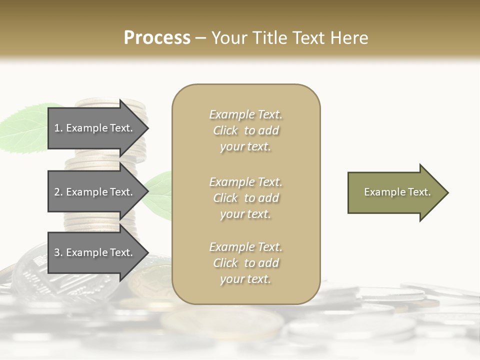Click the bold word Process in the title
coord(157,38)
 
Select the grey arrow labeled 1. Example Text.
coord(95,128)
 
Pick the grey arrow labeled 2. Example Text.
coord(95,192)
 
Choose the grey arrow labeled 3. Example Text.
coord(95,252)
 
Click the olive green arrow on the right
coord(395,192)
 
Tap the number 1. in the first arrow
coord(58,128)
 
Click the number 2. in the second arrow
coord(58,192)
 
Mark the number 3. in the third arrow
coord(58,252)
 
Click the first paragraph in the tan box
coord(245,130)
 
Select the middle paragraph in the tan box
coord(245,198)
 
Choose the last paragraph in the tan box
coord(245,263)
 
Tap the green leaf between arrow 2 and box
coord(159,192)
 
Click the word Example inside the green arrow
coord(381,192)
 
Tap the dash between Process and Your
coord(200,38)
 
